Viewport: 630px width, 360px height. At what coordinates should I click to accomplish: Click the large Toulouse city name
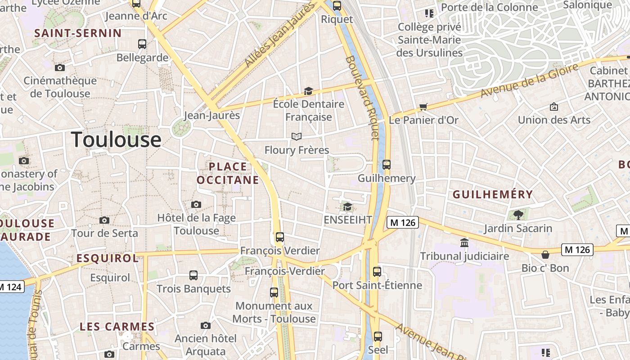pos(116,139)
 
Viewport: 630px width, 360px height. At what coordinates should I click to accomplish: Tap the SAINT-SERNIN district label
pos(78,33)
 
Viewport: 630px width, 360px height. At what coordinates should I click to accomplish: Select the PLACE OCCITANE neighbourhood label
pos(228,173)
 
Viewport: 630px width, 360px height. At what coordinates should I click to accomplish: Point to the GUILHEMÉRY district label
pos(493,194)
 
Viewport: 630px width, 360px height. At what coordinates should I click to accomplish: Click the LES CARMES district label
pos(117,327)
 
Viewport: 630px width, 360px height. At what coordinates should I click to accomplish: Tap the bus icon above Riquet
pos(337,6)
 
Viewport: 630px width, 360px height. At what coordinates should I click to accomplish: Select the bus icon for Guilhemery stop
pos(386,165)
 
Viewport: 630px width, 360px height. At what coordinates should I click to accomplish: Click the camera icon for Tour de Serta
pos(104,220)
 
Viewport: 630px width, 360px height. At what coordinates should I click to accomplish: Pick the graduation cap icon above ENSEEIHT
pos(347,207)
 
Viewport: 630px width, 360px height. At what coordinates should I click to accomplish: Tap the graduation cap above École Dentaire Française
pos(308,91)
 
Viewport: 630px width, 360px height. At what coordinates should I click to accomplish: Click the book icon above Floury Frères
pos(296,136)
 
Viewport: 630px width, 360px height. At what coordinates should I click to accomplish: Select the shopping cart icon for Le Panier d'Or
pos(423,107)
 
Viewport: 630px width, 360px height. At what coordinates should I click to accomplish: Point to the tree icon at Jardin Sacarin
pos(518,215)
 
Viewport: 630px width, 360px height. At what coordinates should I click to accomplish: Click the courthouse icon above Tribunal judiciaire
pos(464,243)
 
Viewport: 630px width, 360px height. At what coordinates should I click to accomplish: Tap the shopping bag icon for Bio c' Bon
pos(545,255)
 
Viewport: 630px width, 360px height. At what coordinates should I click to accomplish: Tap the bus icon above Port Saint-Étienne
pos(377,272)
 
